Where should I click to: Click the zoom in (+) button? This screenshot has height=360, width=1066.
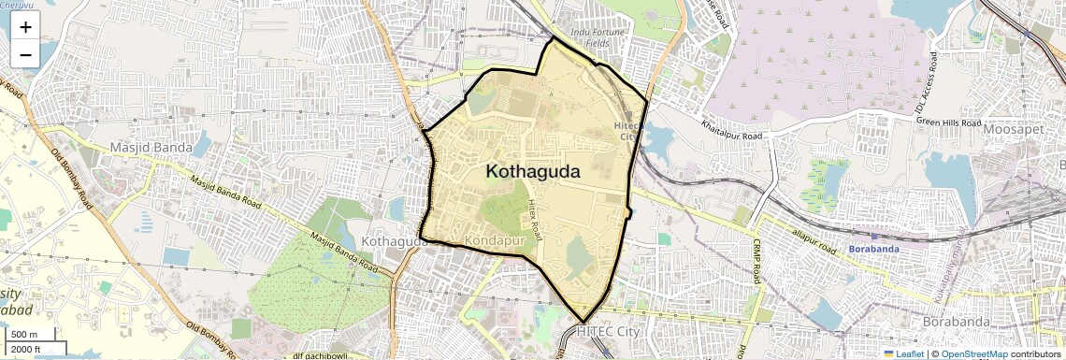coord(25,27)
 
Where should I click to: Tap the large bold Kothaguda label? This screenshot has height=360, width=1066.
coord(533,172)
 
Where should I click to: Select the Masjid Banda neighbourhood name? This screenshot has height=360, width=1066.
coord(150,148)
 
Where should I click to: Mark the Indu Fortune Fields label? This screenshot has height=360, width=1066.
coord(603,37)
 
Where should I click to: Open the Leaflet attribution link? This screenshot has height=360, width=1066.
coord(903,354)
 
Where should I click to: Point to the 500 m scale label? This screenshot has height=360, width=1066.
coord(24,335)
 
